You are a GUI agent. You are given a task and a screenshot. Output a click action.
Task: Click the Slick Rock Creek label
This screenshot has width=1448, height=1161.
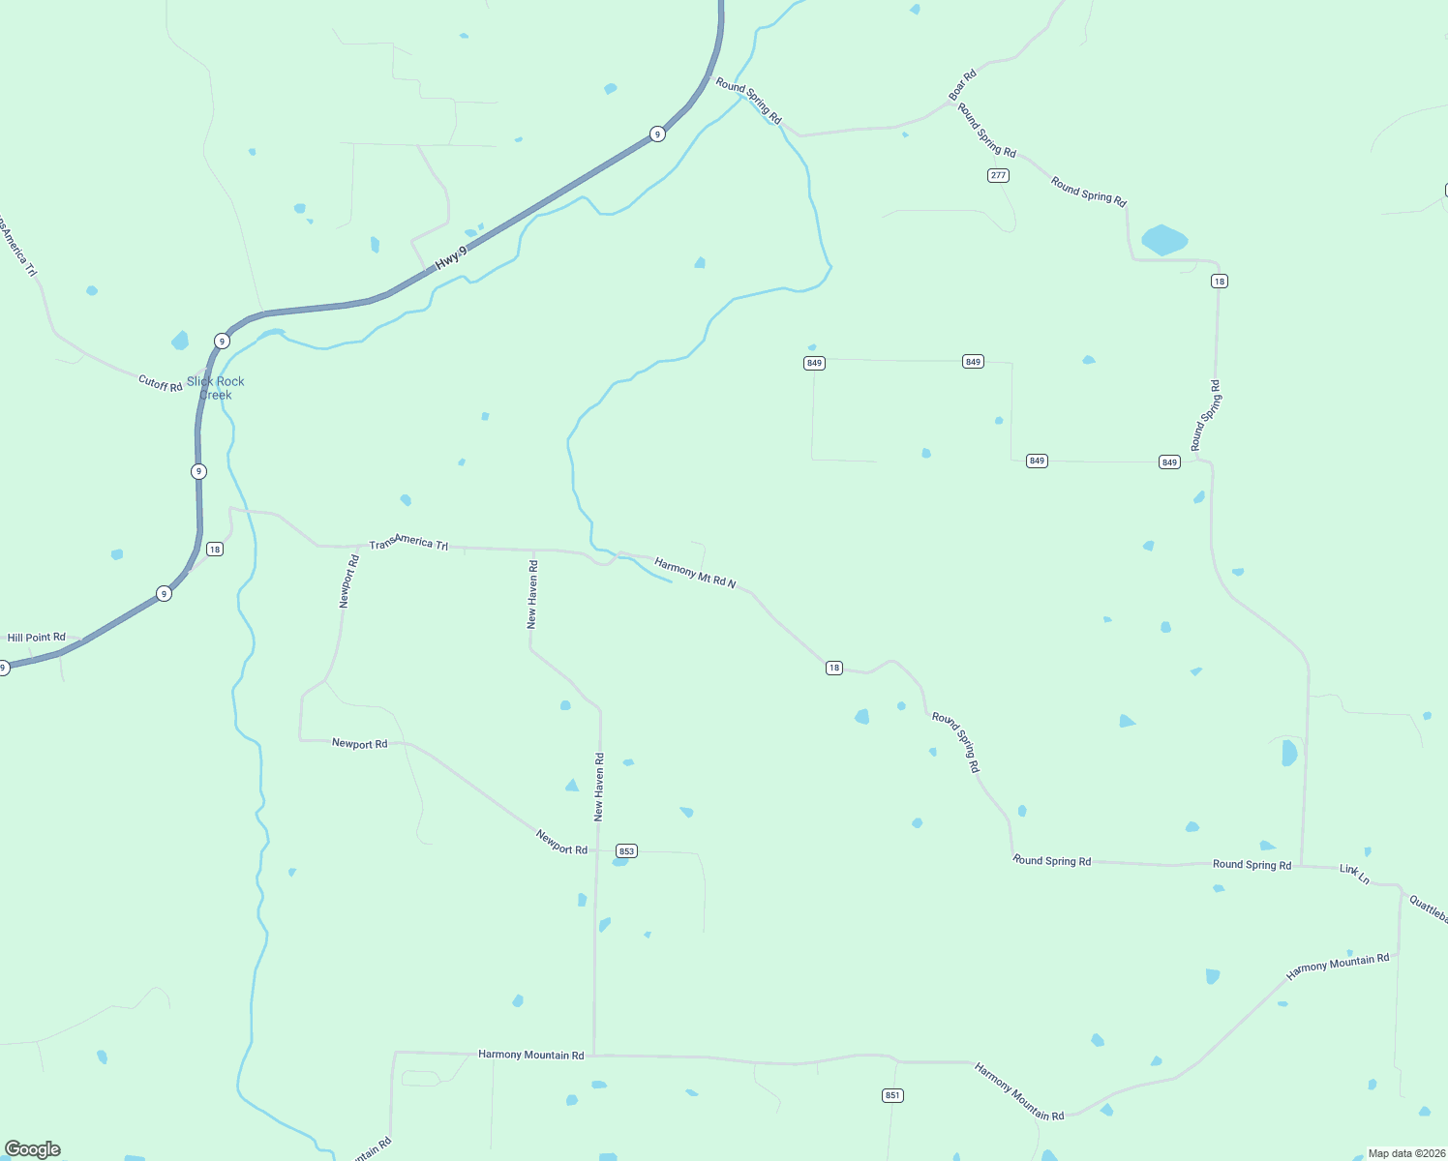[216, 388]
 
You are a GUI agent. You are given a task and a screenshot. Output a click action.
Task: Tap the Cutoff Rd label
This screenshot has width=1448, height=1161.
[160, 384]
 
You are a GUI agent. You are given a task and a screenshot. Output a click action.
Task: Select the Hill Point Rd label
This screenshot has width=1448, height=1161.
[37, 638]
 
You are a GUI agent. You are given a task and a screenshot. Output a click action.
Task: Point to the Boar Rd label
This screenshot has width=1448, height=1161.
[962, 85]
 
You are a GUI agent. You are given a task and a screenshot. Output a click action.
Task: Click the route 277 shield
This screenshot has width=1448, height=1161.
[998, 175]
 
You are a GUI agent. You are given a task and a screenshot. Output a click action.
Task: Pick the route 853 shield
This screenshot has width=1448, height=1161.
[626, 851]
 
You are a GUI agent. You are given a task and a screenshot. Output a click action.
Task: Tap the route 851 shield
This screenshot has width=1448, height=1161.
[892, 1095]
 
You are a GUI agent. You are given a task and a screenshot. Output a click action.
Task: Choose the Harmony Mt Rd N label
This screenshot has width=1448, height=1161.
[695, 573]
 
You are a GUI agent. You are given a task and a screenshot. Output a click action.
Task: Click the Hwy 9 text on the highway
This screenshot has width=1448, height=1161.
[451, 256]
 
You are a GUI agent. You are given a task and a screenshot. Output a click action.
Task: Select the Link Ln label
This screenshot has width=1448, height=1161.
[1354, 874]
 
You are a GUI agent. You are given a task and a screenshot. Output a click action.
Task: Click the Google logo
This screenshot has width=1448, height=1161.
[33, 1149]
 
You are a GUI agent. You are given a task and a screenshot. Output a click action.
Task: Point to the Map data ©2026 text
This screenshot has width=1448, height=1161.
[1405, 1153]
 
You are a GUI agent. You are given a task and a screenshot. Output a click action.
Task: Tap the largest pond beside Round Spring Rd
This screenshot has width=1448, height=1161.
[1164, 240]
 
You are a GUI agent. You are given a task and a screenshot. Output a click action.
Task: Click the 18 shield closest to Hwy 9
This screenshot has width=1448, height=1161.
[215, 550]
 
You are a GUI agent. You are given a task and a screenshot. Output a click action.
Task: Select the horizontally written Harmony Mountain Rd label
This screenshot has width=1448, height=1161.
[530, 1055]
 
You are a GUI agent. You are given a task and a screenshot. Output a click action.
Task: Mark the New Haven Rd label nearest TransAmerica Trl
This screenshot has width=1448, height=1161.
[532, 594]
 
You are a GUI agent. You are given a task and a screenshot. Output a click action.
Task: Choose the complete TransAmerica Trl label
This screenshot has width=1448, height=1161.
[408, 543]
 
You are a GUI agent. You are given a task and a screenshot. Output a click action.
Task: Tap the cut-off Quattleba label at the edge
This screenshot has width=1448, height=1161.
[1429, 909]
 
